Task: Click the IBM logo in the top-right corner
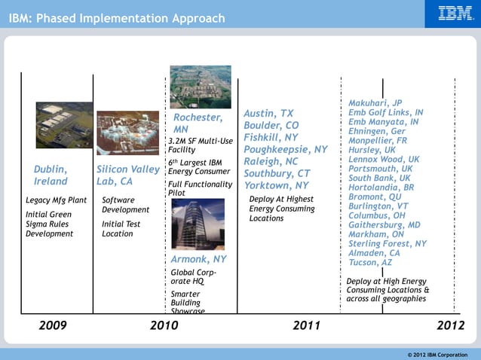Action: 455,14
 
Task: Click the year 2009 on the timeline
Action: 52,325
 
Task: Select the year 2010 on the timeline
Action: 164,325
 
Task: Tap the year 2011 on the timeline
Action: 306,325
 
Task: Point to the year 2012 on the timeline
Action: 450,325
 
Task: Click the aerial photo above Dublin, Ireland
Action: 64,125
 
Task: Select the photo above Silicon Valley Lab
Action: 128,133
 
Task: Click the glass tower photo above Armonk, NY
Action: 198,224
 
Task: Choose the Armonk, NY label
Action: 198,260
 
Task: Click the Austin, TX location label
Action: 268,114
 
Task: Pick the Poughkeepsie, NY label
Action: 285,149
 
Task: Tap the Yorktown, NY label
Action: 276,185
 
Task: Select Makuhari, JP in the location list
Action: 375,103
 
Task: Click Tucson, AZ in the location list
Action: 370,263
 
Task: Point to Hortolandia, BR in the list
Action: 381,188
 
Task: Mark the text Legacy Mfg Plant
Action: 56,200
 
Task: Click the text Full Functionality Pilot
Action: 199,188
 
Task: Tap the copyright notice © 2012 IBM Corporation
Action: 437,354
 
